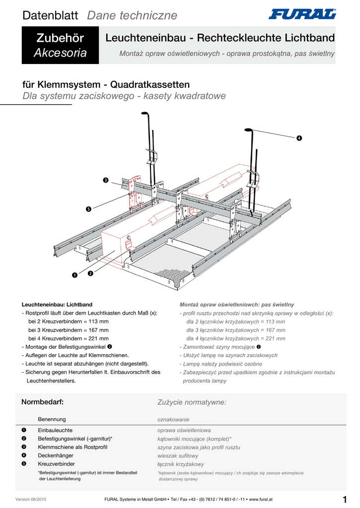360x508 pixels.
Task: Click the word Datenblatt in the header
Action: coord(50,16)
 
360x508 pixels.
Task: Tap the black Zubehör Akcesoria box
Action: coord(60,46)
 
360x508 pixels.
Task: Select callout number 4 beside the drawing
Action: coord(299,137)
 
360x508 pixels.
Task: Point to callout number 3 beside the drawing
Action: coord(105,180)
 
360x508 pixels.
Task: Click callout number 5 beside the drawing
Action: coord(88,209)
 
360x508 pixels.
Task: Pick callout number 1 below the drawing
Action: coord(74,275)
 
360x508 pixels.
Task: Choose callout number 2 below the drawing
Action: coord(90,273)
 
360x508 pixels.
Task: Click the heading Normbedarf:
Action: coord(42,401)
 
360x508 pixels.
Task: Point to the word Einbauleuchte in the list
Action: coord(56,430)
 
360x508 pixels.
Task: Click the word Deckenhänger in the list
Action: coord(56,455)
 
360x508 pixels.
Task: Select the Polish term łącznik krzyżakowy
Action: coord(181,464)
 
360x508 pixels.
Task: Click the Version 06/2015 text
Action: coord(31,499)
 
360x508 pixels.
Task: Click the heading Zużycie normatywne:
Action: coord(192,402)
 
